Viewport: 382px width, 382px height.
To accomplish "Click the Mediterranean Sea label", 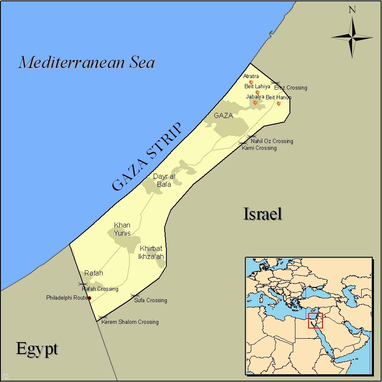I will point(87,62).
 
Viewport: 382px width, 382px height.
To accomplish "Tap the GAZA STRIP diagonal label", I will point(146,157).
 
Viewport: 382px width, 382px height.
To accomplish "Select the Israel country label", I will point(263,213).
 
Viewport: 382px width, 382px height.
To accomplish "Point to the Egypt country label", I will point(37,348).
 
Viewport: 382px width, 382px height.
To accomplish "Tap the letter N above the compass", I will point(352,10).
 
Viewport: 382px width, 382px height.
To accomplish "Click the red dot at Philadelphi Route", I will point(89,298).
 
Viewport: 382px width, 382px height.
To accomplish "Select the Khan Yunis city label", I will point(122,229).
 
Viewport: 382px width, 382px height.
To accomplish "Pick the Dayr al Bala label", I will point(164,180).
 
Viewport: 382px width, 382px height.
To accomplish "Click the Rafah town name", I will point(94,273).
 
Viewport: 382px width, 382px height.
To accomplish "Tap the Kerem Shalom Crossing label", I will point(130,322).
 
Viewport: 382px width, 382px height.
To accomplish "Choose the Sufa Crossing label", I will point(151,301).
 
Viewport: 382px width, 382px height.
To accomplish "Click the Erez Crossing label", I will point(290,88).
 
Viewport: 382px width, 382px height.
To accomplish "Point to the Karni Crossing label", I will point(259,148).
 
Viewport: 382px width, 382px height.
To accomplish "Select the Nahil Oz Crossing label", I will point(272,141).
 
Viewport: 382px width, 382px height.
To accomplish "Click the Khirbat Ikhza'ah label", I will point(151,253).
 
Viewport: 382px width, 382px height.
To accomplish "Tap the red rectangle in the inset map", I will point(315,320).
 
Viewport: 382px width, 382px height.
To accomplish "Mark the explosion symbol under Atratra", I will point(251,82).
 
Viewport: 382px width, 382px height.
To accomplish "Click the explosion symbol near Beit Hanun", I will point(279,103).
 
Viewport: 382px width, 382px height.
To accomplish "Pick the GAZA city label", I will point(223,115).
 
